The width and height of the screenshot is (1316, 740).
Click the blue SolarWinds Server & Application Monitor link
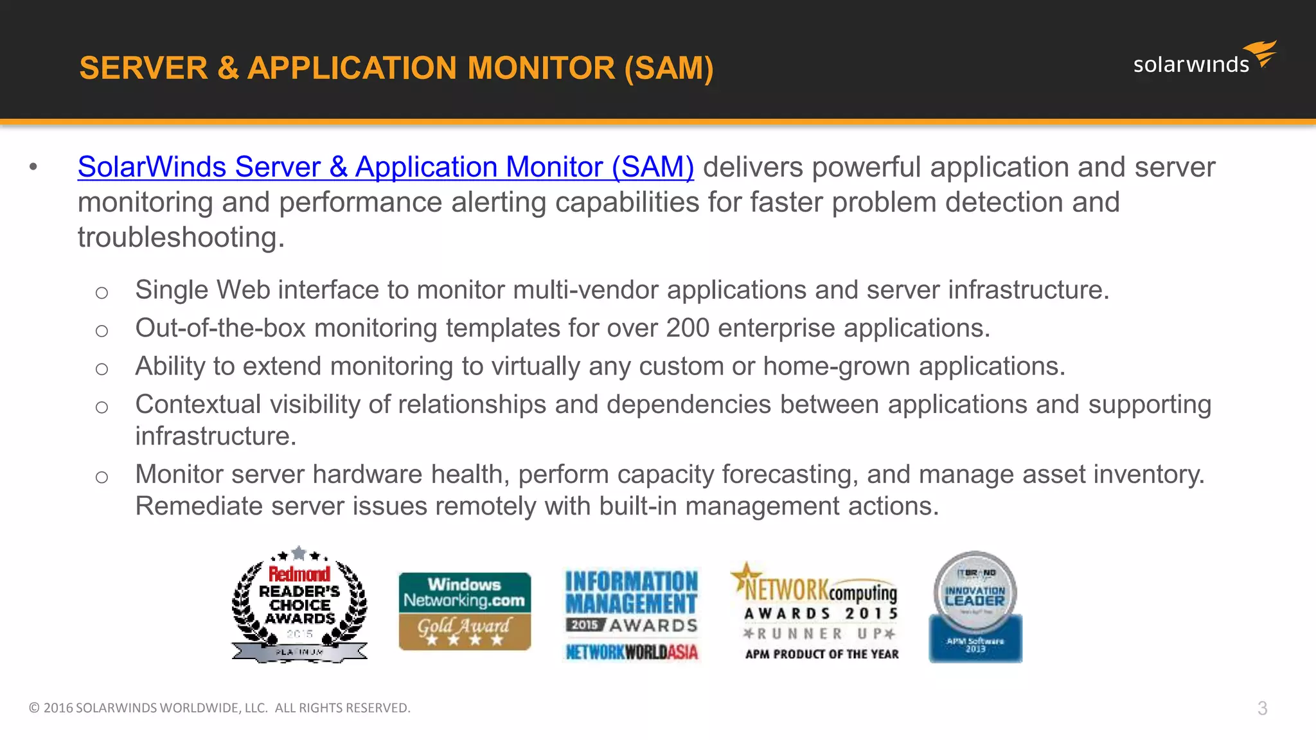[386, 167]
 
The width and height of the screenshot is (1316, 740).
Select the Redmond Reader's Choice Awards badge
[299, 605]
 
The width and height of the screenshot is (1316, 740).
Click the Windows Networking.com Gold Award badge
[465, 611]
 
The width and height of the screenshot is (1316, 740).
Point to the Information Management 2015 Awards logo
[632, 615]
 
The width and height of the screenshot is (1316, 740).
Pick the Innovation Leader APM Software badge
[975, 607]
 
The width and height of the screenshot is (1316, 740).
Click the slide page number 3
[1262, 708]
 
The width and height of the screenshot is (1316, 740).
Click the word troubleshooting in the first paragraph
[181, 238]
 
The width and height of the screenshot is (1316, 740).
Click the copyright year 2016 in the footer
[58, 708]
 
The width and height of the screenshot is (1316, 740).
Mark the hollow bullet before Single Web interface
[102, 293]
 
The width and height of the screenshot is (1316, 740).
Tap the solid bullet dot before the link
[33, 168]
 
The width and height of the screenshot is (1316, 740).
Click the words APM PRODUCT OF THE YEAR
[822, 654]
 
